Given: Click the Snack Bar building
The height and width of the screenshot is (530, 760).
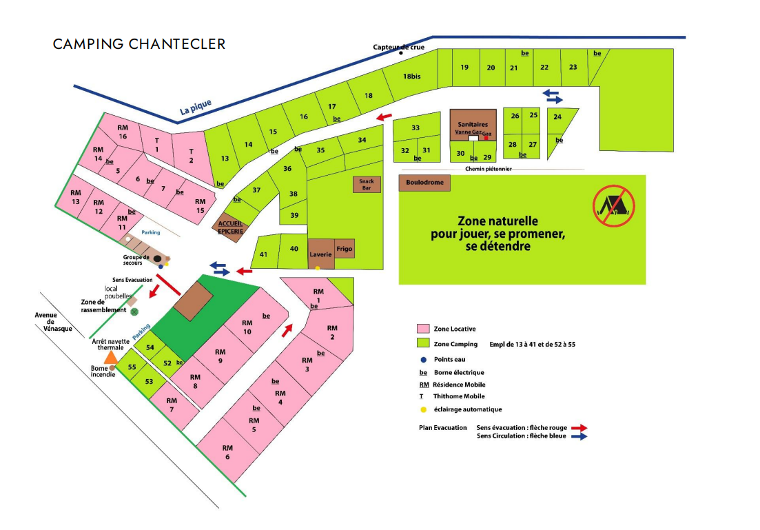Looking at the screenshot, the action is tap(367, 184).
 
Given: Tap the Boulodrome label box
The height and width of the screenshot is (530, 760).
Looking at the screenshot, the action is tap(424, 183).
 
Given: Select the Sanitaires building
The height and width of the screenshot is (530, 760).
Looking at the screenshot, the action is tap(473, 125).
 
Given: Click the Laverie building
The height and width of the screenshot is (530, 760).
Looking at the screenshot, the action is tap(321, 254).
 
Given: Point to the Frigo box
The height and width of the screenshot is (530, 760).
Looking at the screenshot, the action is tap(345, 249).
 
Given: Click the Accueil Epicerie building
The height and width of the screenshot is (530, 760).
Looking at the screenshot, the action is tap(230, 227).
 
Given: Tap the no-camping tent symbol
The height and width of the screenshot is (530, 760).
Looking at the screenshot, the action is tap(614, 205).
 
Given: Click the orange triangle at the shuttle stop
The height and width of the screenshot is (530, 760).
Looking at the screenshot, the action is tap(111, 358).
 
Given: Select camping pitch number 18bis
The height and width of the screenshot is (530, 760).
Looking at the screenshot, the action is tap(412, 76).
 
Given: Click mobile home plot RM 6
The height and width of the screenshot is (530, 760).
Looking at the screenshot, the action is tap(228, 452).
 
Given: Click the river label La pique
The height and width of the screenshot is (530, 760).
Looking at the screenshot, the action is tap(196, 107).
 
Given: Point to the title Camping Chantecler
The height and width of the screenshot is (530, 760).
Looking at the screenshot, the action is tap(139, 44).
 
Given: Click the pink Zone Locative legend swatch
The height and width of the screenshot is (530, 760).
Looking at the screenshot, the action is tap(423, 329).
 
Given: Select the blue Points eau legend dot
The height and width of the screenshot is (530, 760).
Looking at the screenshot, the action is tap(424, 360).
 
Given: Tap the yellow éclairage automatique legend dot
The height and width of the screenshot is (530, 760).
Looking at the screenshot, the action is tap(424, 410).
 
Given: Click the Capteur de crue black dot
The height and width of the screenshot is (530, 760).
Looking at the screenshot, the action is tap(401, 53).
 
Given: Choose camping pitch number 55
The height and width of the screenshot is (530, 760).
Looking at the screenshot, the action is tap(132, 367).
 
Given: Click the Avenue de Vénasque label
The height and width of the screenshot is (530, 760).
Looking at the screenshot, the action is tap(53, 321).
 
